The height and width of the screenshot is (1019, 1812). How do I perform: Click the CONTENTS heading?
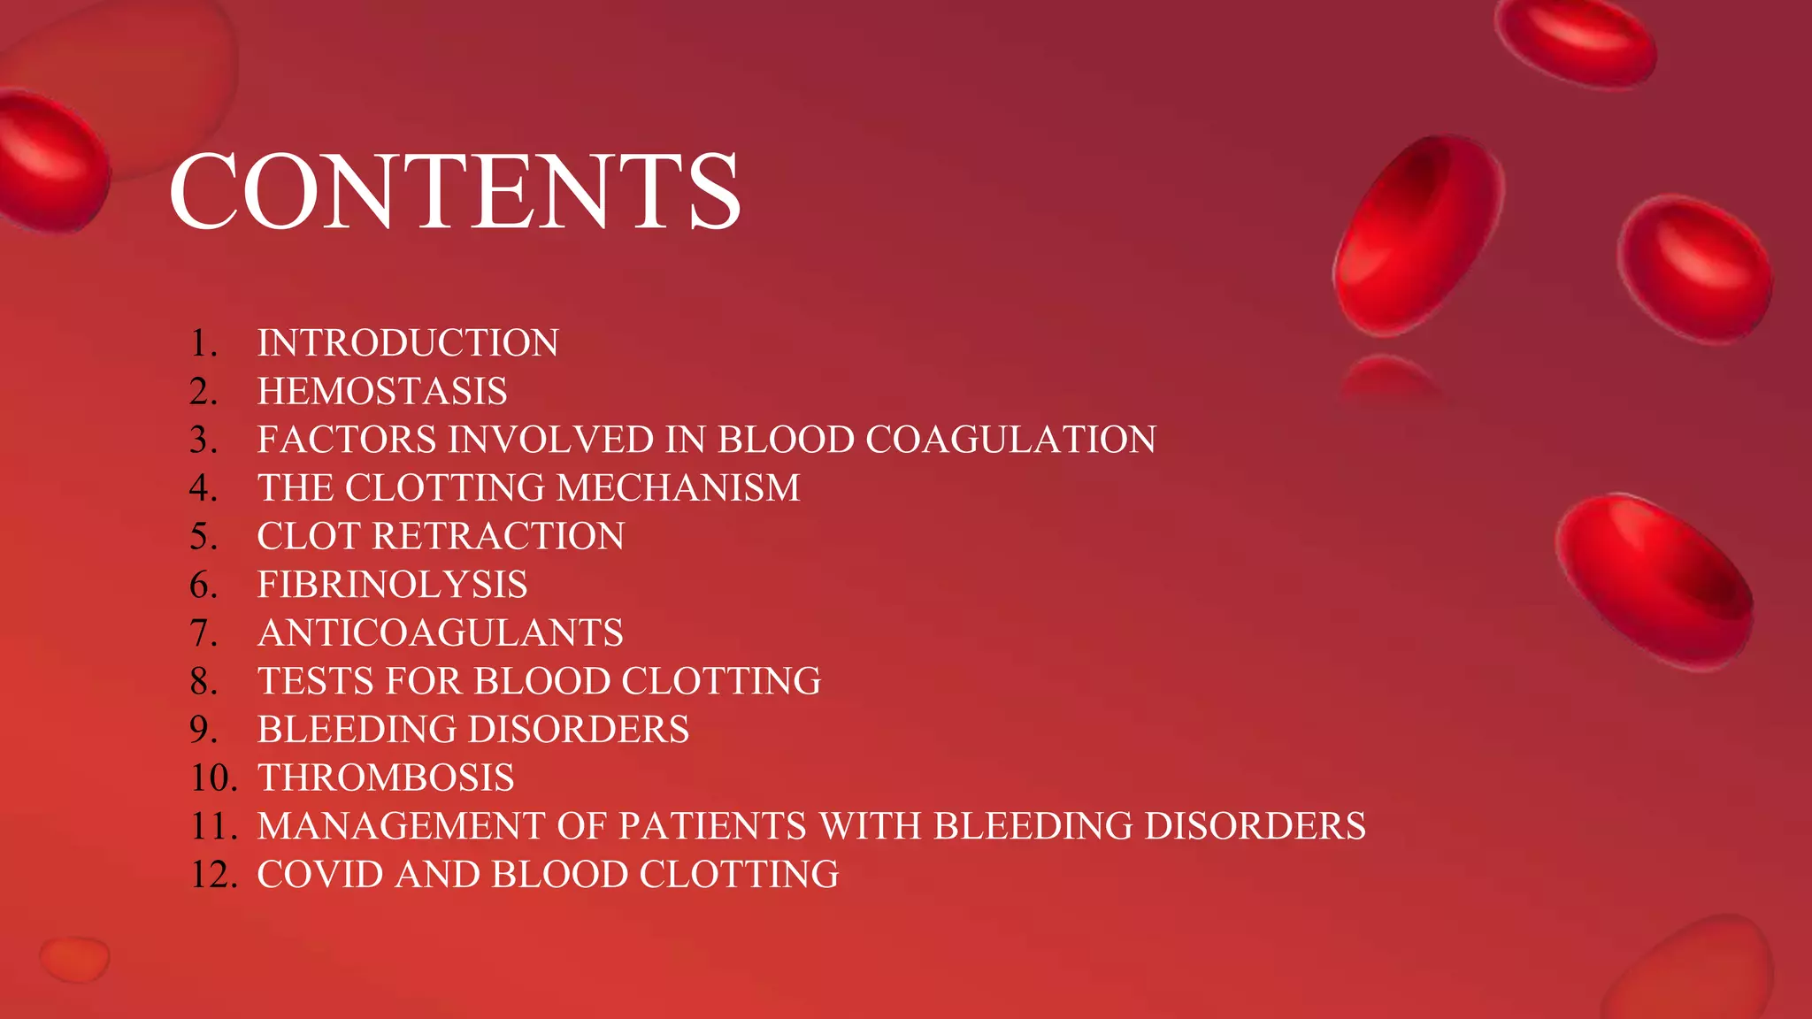pos(455,190)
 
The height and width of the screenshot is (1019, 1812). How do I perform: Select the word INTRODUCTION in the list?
pos(408,343)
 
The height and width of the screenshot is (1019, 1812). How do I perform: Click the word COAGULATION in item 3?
pos(1010,440)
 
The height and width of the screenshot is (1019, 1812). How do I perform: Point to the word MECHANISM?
pos(679,488)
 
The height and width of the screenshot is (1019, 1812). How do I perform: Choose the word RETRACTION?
pos(498,536)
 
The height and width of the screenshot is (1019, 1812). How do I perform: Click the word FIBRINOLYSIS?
pos(392,585)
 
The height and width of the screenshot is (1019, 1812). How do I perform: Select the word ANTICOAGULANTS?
pos(440,633)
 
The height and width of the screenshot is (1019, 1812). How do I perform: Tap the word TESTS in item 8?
pos(315,681)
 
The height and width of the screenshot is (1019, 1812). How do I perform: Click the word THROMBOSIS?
pos(386,778)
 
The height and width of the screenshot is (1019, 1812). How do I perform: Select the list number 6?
pos(203,585)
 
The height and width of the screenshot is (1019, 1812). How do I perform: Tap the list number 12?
pos(213,875)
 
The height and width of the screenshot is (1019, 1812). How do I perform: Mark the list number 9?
pos(203,730)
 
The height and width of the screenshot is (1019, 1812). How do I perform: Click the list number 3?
pos(203,440)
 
